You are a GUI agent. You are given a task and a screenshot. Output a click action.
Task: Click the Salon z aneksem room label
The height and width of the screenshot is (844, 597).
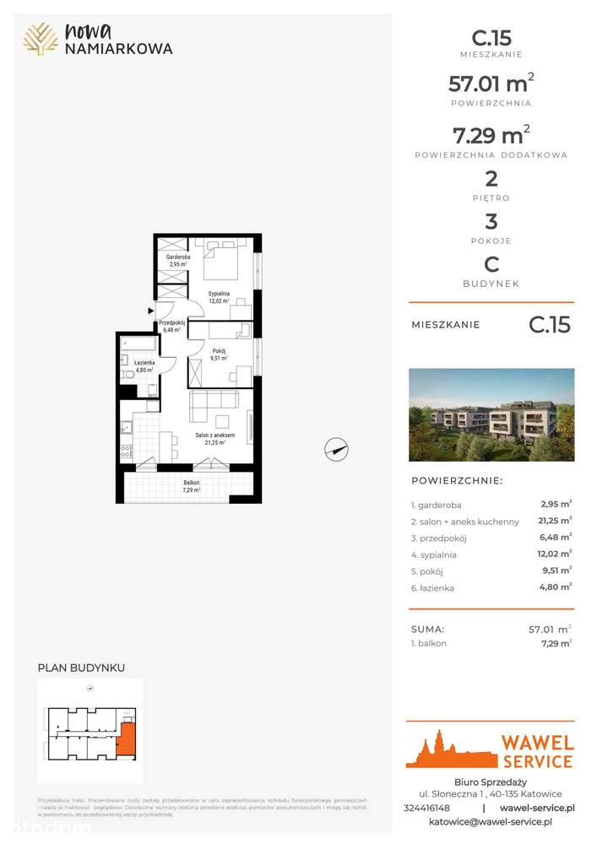(x=214, y=436)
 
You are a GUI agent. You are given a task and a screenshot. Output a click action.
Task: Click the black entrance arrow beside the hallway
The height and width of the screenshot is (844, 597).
(x=151, y=311)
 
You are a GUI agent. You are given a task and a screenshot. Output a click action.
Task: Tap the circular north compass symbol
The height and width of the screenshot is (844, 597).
(x=337, y=450)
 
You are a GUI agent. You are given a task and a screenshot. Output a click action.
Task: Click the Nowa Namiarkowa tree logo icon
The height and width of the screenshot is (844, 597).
(x=41, y=39)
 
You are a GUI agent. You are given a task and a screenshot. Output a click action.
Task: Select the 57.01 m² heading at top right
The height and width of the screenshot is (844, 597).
(x=491, y=84)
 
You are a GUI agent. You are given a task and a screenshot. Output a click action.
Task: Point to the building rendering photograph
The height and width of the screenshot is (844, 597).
(x=491, y=414)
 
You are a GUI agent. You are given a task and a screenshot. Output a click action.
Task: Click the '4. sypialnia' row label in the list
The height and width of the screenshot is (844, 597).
(x=433, y=555)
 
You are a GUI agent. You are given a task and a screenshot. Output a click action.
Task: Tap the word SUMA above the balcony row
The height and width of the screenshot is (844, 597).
(x=428, y=629)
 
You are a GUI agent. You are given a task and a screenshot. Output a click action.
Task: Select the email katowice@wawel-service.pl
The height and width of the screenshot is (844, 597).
(x=491, y=821)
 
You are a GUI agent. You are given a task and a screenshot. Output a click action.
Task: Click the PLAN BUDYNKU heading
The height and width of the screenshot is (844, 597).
(x=81, y=668)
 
